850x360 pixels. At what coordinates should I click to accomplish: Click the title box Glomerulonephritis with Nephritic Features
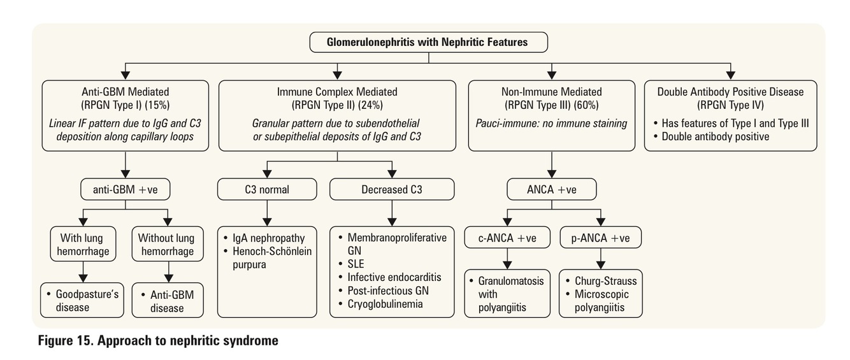(428, 43)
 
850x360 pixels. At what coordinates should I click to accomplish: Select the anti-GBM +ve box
(126, 189)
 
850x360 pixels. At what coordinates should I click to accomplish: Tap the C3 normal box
(266, 189)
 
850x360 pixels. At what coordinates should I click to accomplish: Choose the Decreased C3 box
(391, 189)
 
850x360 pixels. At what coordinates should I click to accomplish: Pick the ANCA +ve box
(552, 189)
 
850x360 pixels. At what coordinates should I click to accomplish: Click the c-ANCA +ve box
(507, 238)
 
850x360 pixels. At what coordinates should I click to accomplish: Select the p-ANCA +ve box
(600, 238)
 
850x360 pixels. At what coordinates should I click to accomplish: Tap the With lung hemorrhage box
(82, 245)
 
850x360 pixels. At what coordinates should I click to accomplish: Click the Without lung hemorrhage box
(166, 245)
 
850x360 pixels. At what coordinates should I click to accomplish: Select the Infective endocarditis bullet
(394, 277)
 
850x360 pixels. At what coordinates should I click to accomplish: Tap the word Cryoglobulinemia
(385, 304)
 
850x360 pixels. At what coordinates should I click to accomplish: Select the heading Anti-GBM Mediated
(126, 92)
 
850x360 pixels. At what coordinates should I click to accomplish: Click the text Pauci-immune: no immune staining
(552, 122)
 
